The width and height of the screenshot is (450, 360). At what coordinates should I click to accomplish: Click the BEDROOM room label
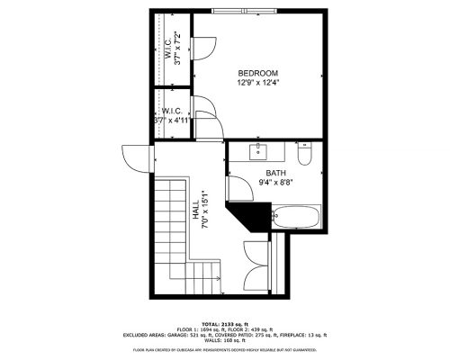[x=258, y=73]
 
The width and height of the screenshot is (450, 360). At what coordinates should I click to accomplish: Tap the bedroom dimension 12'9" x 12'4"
[x=258, y=83]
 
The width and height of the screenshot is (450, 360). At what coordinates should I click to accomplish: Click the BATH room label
[x=275, y=174]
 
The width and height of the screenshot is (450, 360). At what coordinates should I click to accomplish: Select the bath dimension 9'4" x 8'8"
[x=275, y=183]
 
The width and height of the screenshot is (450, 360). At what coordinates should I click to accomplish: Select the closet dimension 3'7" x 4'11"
[x=171, y=120]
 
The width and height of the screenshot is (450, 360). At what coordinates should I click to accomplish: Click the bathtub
[x=296, y=216]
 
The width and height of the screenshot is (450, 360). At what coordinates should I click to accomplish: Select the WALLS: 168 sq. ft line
[x=225, y=339]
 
